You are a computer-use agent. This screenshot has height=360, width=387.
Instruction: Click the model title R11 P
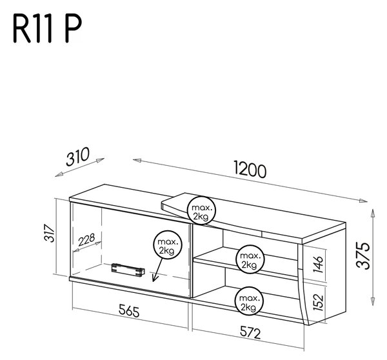click(47, 28)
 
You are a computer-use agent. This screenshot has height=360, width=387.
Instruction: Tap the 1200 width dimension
click(250, 170)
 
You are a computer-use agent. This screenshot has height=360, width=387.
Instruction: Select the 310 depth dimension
click(77, 157)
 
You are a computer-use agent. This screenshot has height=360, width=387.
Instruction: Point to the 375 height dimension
click(363, 255)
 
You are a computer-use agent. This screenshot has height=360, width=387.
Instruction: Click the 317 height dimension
click(50, 233)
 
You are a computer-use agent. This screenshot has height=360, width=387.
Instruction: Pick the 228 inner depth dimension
click(86, 239)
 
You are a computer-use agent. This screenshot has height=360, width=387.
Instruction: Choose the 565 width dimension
click(129, 310)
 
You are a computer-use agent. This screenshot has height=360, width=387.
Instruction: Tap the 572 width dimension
click(250, 332)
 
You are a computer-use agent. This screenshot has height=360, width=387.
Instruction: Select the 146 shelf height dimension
click(318, 265)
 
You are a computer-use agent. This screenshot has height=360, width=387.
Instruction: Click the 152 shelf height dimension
click(319, 302)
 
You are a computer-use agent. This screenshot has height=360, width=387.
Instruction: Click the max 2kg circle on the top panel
click(202, 210)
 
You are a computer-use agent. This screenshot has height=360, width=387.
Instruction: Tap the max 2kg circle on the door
click(168, 245)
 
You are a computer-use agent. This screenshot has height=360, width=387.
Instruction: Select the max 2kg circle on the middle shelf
click(250, 259)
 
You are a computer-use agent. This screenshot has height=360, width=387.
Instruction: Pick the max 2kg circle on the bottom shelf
click(249, 301)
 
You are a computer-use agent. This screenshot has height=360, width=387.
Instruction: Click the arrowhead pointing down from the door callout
click(155, 278)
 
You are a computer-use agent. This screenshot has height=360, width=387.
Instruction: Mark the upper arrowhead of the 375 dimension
click(373, 214)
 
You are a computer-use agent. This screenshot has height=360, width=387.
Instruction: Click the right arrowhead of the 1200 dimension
click(363, 201)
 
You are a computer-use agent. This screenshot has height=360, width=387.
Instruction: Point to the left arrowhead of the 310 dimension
click(59, 175)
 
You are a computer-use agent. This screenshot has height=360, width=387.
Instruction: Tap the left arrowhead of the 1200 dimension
click(137, 161)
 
